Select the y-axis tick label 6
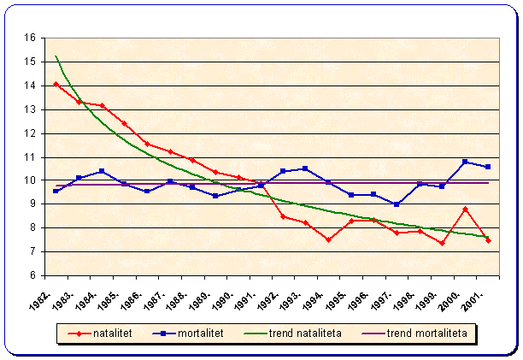coord(32,276)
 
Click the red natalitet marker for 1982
coord(56,84)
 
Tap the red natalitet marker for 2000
coord(465,209)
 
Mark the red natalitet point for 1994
coord(328,239)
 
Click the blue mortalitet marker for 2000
coord(465,162)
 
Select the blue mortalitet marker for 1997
coord(397,204)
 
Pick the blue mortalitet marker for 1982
coord(56,191)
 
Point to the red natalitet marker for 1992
coord(283,216)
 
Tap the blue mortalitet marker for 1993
coord(305,168)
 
